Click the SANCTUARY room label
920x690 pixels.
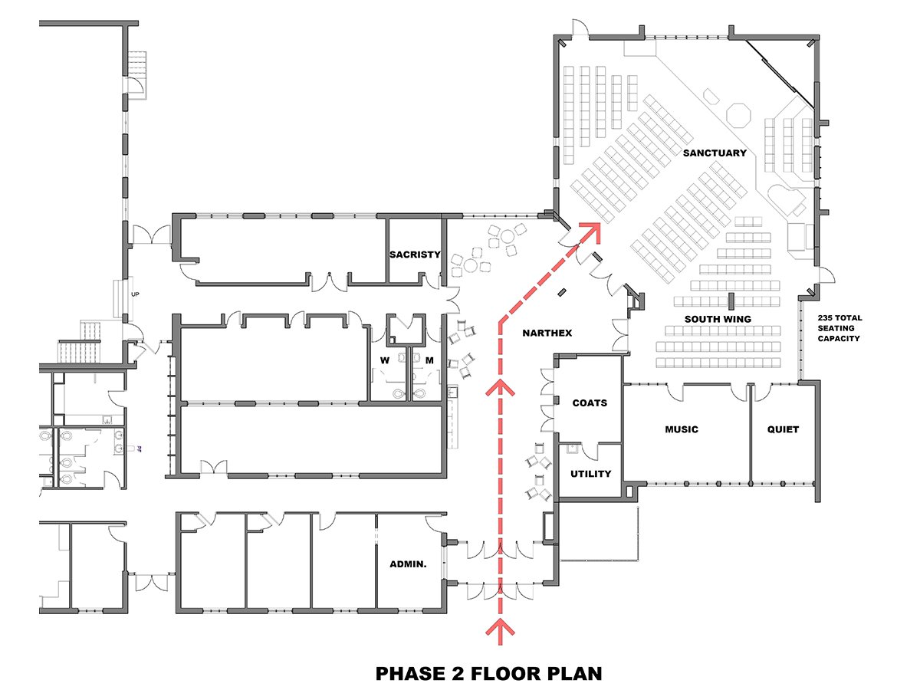[715, 153]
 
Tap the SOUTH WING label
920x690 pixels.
[718, 319]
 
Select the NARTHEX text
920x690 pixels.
[547, 333]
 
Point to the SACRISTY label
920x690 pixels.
[415, 255]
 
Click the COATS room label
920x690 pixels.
[590, 403]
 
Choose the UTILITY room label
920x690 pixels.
[590, 474]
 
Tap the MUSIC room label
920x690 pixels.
[682, 429]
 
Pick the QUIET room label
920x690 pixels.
[783, 429]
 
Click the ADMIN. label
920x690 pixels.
[408, 564]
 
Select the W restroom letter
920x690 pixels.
[385, 360]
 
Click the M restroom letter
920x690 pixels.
[429, 360]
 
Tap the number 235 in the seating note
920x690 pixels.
[825, 318]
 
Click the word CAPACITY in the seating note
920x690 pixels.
[839, 339]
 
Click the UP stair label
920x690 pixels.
[135, 294]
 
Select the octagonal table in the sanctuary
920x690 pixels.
[738, 115]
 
